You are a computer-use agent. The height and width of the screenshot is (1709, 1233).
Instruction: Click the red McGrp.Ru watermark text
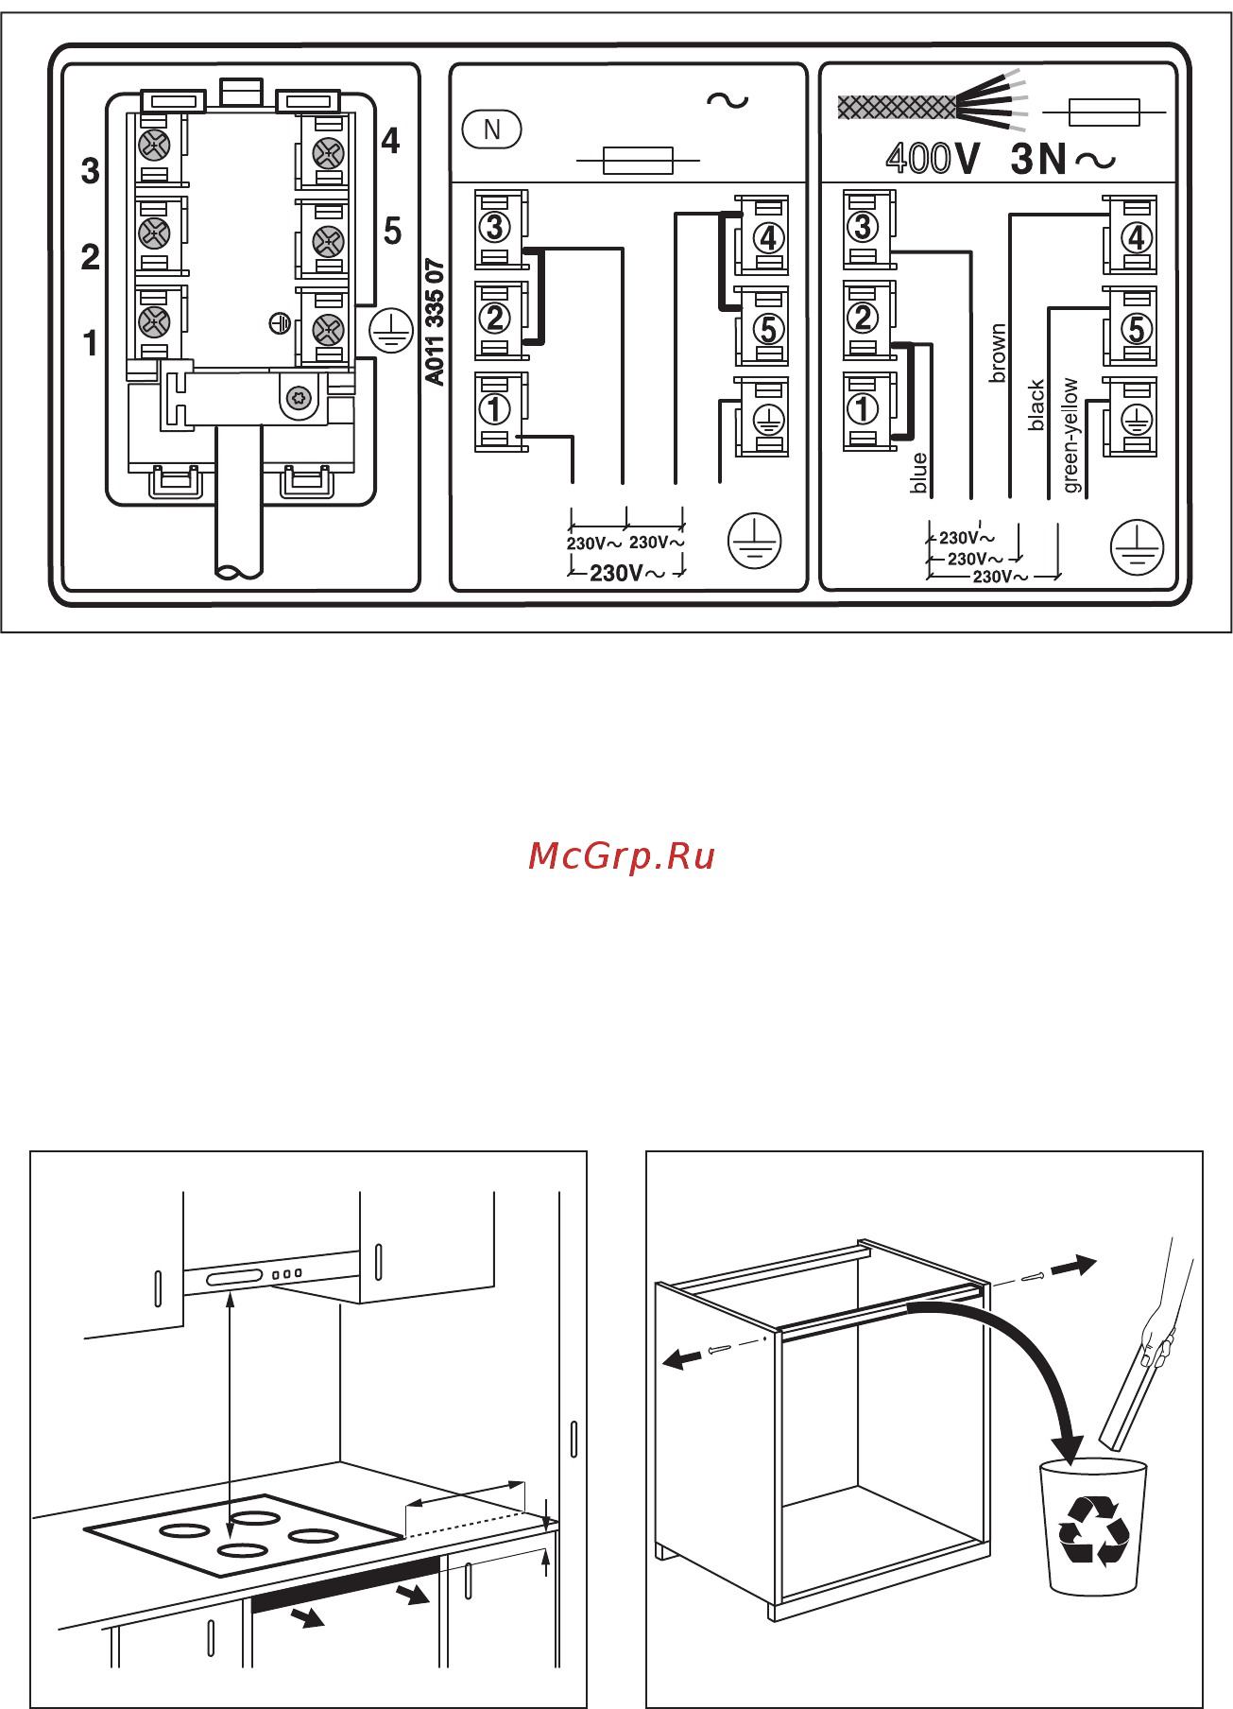pos(622,855)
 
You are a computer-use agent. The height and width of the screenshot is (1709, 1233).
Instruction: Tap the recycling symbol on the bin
pos(1094,1529)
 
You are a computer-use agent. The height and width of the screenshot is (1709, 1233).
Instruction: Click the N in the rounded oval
pos(491,129)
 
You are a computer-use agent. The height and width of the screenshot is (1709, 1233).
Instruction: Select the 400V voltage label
pos(933,158)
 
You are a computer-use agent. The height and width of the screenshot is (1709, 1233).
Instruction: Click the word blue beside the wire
pos(919,473)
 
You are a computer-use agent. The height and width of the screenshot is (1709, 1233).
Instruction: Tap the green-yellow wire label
pos(1070,436)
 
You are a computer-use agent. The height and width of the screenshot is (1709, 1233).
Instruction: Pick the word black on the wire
pos(1036,406)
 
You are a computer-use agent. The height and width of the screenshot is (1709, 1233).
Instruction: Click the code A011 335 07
pos(435,322)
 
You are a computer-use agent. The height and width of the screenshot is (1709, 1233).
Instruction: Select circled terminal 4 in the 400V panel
pos(1137,237)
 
